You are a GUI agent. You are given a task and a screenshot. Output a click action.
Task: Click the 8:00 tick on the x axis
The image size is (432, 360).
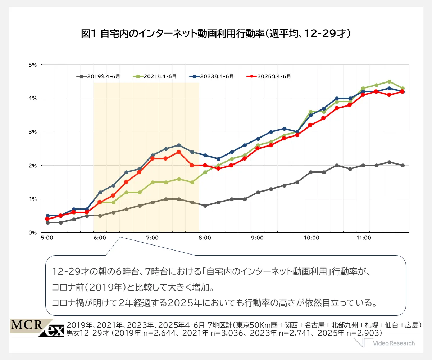coord(205,238)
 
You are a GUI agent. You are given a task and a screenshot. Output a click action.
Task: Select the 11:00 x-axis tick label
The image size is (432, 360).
coord(364,238)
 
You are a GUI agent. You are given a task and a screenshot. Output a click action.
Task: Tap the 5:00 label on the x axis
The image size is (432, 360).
coord(47,238)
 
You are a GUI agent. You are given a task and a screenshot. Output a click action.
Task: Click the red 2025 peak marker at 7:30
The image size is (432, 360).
coord(179,152)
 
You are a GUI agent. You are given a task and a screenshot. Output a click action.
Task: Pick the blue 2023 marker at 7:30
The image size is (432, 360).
coord(179,145)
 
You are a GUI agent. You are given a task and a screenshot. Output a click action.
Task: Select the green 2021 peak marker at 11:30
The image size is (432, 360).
coord(390,81)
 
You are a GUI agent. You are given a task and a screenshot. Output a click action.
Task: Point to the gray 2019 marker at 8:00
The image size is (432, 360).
coord(205,206)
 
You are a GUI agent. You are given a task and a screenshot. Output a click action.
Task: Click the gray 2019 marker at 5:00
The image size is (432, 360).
coord(47,222)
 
